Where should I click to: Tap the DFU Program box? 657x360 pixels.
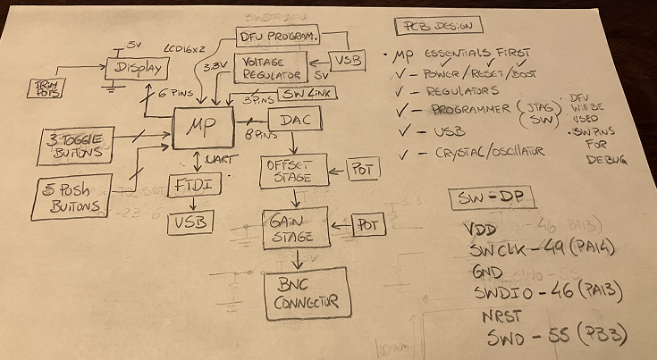(277, 36)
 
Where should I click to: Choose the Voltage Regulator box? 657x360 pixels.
(269, 67)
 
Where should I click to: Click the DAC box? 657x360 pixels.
(293, 120)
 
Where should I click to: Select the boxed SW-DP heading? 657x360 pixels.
(489, 198)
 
